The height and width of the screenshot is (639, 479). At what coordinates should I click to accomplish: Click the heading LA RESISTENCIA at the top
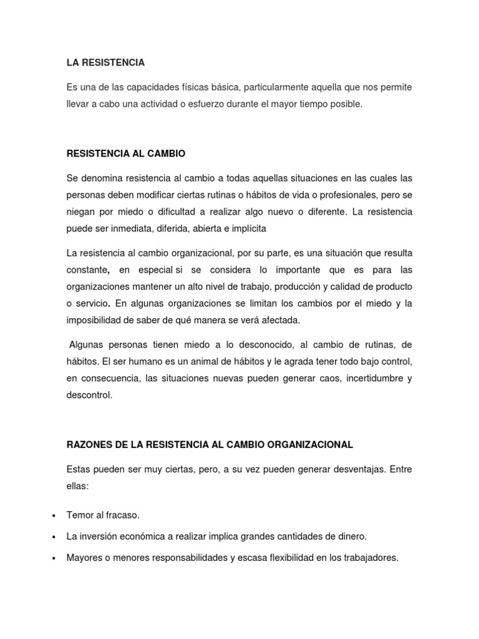tap(105, 62)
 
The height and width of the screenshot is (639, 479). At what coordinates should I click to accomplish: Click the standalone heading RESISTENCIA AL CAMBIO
tap(126, 154)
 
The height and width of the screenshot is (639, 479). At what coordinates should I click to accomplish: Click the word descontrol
tap(89, 395)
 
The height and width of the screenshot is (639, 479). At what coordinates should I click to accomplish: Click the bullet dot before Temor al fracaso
tap(55, 515)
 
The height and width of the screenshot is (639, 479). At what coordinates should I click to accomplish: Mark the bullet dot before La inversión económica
tap(55, 537)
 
